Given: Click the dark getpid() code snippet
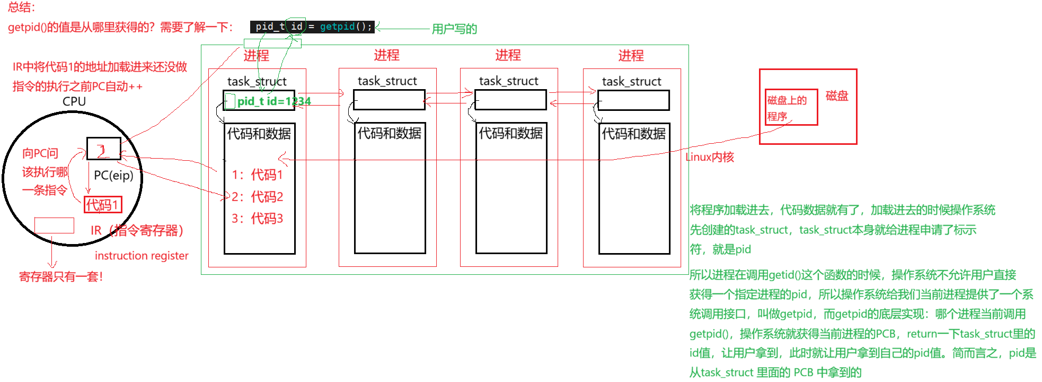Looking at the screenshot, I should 312,27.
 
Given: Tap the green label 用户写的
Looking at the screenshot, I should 454,29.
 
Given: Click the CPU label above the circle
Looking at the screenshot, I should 74,101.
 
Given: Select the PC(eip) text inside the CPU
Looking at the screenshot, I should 113,175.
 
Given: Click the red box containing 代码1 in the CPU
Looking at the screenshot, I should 103,205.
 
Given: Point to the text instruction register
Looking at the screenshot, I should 142,256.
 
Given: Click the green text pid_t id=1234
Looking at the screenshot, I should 273,101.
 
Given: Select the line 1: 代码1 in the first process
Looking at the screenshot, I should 258,175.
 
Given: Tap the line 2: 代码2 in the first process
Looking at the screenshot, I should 258,197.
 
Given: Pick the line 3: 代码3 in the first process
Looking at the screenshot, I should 258,219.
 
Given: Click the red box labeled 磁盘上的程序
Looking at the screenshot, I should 791,108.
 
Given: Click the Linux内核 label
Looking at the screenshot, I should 710,157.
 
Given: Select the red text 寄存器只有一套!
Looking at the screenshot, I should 61,276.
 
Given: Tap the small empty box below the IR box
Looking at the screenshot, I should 54,225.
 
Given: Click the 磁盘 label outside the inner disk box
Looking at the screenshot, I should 837,96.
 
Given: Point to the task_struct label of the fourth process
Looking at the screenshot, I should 632,82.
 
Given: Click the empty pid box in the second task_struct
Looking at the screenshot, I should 389,100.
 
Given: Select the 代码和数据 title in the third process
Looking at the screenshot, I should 511,133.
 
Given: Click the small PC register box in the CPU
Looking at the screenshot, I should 104,149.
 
